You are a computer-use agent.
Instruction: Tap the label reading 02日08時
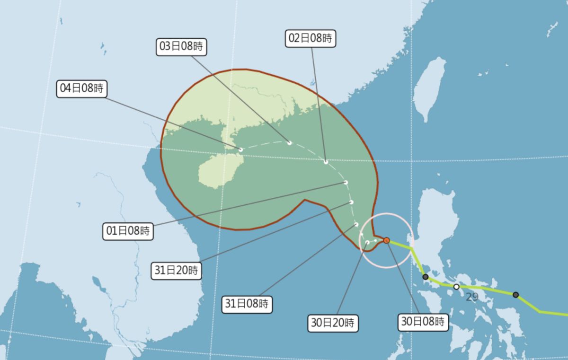pos(311,38)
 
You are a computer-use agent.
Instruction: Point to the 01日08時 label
pos(128,231)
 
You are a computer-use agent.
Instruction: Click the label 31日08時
pos(247,304)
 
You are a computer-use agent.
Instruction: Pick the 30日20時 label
pos(333,324)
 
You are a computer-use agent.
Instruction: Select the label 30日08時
pos(423,322)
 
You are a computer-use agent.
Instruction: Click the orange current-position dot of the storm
pos(387,240)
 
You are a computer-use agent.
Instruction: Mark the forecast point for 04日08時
pos(241,149)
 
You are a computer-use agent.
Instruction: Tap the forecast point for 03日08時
pos(289,142)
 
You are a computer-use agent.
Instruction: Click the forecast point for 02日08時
pos(326,162)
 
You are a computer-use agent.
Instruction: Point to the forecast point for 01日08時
pos(346,182)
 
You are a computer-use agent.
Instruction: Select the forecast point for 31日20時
pos(351,202)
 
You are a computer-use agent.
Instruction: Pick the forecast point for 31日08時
pos(356,224)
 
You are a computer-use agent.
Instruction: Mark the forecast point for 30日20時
pos(367,243)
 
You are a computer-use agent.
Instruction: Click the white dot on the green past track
pos(456,287)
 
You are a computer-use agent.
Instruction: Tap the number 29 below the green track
pos(471,297)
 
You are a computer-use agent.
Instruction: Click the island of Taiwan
pos(430,88)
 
